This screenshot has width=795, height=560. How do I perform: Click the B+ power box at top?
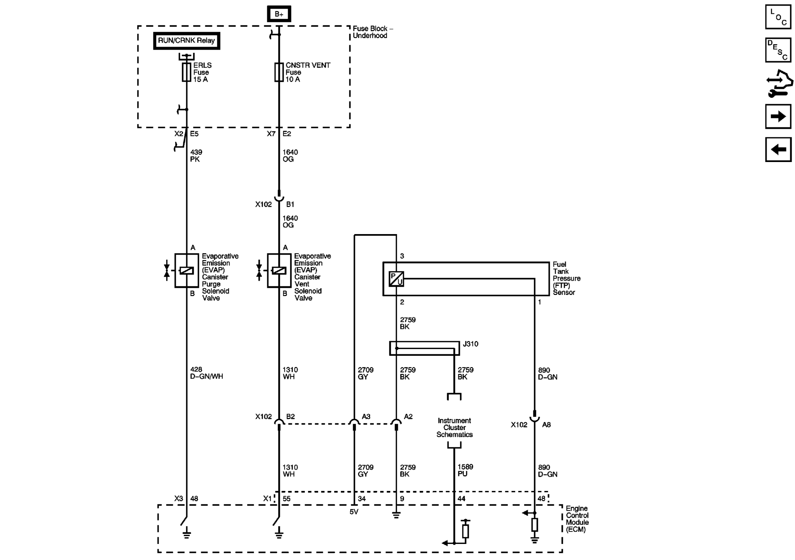[279, 14]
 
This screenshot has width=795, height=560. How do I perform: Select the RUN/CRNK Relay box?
[186, 41]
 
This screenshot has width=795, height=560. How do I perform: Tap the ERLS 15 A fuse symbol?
[186, 72]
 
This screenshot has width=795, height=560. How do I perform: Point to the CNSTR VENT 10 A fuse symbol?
[279, 72]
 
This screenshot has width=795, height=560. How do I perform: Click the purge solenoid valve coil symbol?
[186, 271]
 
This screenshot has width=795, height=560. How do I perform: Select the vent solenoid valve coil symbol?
[279, 271]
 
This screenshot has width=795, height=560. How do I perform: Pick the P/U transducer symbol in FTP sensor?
[396, 279]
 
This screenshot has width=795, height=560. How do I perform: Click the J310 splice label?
[470, 344]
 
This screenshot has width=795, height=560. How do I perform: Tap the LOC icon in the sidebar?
[778, 17]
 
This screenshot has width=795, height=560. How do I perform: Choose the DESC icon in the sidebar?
[778, 50]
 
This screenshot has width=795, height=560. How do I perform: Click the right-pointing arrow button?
[778, 116]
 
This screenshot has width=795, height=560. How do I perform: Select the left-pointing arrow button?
[778, 150]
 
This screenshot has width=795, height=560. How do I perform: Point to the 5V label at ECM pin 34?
[354, 512]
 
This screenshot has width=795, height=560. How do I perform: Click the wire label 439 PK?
[196, 156]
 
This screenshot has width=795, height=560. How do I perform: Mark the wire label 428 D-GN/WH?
[206, 373]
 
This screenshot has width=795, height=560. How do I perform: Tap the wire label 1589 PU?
[465, 470]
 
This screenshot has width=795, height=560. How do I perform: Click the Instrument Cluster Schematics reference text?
[454, 427]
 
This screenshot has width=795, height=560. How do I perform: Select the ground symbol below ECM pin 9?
[396, 516]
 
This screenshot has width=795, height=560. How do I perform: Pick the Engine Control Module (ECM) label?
[577, 519]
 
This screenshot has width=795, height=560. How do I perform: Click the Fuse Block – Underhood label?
[372, 32]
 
